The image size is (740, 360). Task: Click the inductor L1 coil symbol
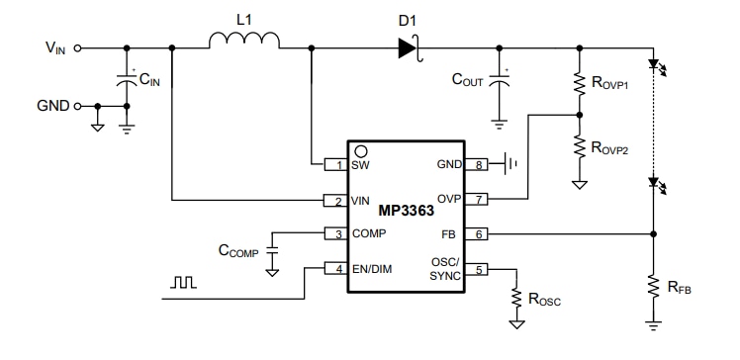pos(244,41)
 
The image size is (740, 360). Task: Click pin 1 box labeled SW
pos(336,164)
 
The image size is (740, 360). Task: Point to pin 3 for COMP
pos(336,233)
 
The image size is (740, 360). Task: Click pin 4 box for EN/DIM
pos(336,268)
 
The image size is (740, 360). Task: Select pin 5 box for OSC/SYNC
pos(480,268)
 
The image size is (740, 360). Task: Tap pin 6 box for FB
pos(480,233)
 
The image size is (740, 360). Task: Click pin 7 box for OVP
pos(480,199)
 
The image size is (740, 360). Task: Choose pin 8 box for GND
pos(480,164)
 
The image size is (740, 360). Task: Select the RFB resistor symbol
pos(652,287)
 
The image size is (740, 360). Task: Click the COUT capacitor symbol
pos(500,85)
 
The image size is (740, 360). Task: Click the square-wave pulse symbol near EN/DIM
pos(185,283)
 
